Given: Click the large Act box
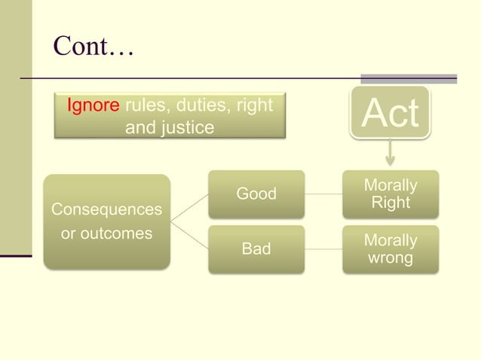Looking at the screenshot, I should point(389,113).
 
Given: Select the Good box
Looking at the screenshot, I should point(256,194).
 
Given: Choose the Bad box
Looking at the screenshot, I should point(256,249).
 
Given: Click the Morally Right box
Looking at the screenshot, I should point(390,194).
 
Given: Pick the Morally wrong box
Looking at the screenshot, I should point(390,249).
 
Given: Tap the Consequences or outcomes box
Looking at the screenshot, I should point(106,221).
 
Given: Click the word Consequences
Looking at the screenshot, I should point(106,209).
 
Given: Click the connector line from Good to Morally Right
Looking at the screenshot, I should point(323,194).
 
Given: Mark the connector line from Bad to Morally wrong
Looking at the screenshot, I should point(323,249).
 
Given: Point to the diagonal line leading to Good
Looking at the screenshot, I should point(189,208).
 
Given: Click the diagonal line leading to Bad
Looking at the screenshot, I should point(189,235).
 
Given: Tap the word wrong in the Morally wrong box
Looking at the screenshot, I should point(390,258).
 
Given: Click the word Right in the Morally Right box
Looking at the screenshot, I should point(391,203).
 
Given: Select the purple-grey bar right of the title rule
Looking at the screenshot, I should point(409,78).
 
